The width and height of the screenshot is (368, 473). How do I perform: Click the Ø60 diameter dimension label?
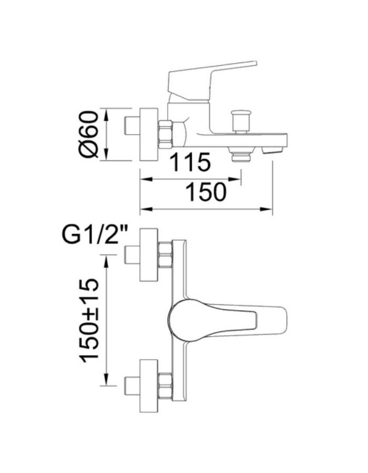90,134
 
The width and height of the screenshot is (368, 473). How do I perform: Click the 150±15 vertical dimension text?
90,320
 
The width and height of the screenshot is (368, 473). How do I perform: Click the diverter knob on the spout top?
242,121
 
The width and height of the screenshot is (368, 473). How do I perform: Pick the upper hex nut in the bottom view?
166,255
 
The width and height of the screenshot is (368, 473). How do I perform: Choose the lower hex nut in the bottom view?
166,387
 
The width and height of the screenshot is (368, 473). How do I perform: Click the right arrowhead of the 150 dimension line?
269,210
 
